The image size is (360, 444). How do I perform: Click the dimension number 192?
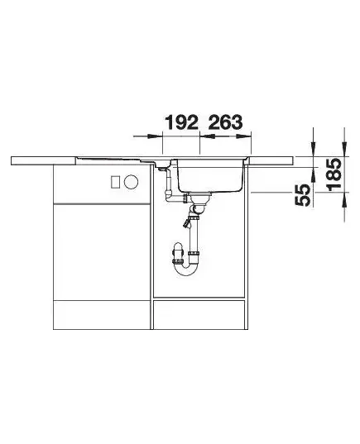(182, 122)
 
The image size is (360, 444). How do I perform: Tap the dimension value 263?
(226, 122)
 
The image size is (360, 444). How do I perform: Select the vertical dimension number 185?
(334, 174)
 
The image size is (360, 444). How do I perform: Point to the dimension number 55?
(303, 195)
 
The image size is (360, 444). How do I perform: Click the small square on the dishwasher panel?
(115, 182)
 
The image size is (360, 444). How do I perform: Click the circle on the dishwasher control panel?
(131, 182)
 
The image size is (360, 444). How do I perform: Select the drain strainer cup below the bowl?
(200, 198)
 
